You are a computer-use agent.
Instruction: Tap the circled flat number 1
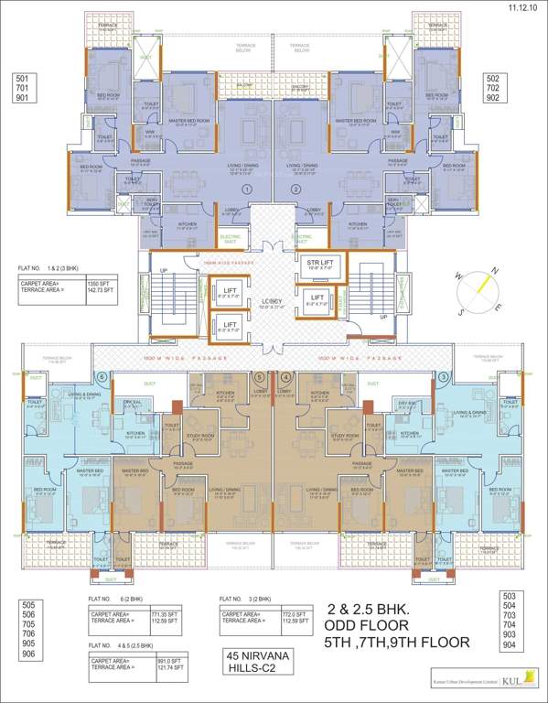pyautogui.click(x=246, y=189)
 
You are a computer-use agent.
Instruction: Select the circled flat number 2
pyautogui.click(x=295, y=189)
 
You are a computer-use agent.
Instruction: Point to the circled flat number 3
pyautogui.click(x=445, y=376)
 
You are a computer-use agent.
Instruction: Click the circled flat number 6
pyautogui.click(x=102, y=376)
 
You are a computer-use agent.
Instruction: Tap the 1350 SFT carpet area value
pyautogui.click(x=100, y=284)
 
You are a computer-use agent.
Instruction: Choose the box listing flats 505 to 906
pyautogui.click(x=28, y=630)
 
